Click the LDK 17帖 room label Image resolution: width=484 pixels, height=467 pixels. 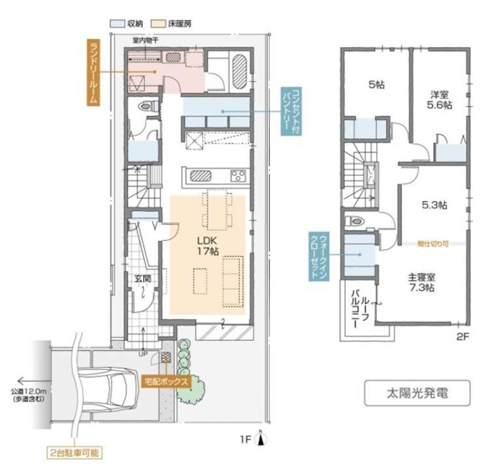[208, 246]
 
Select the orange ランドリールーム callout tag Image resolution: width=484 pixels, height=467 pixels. [93, 73]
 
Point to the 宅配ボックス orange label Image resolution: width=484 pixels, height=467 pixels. [166, 380]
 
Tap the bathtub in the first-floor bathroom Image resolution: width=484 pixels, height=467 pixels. [240, 71]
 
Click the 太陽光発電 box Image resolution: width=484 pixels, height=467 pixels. [417, 393]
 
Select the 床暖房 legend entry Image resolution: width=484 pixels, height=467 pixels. [179, 23]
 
